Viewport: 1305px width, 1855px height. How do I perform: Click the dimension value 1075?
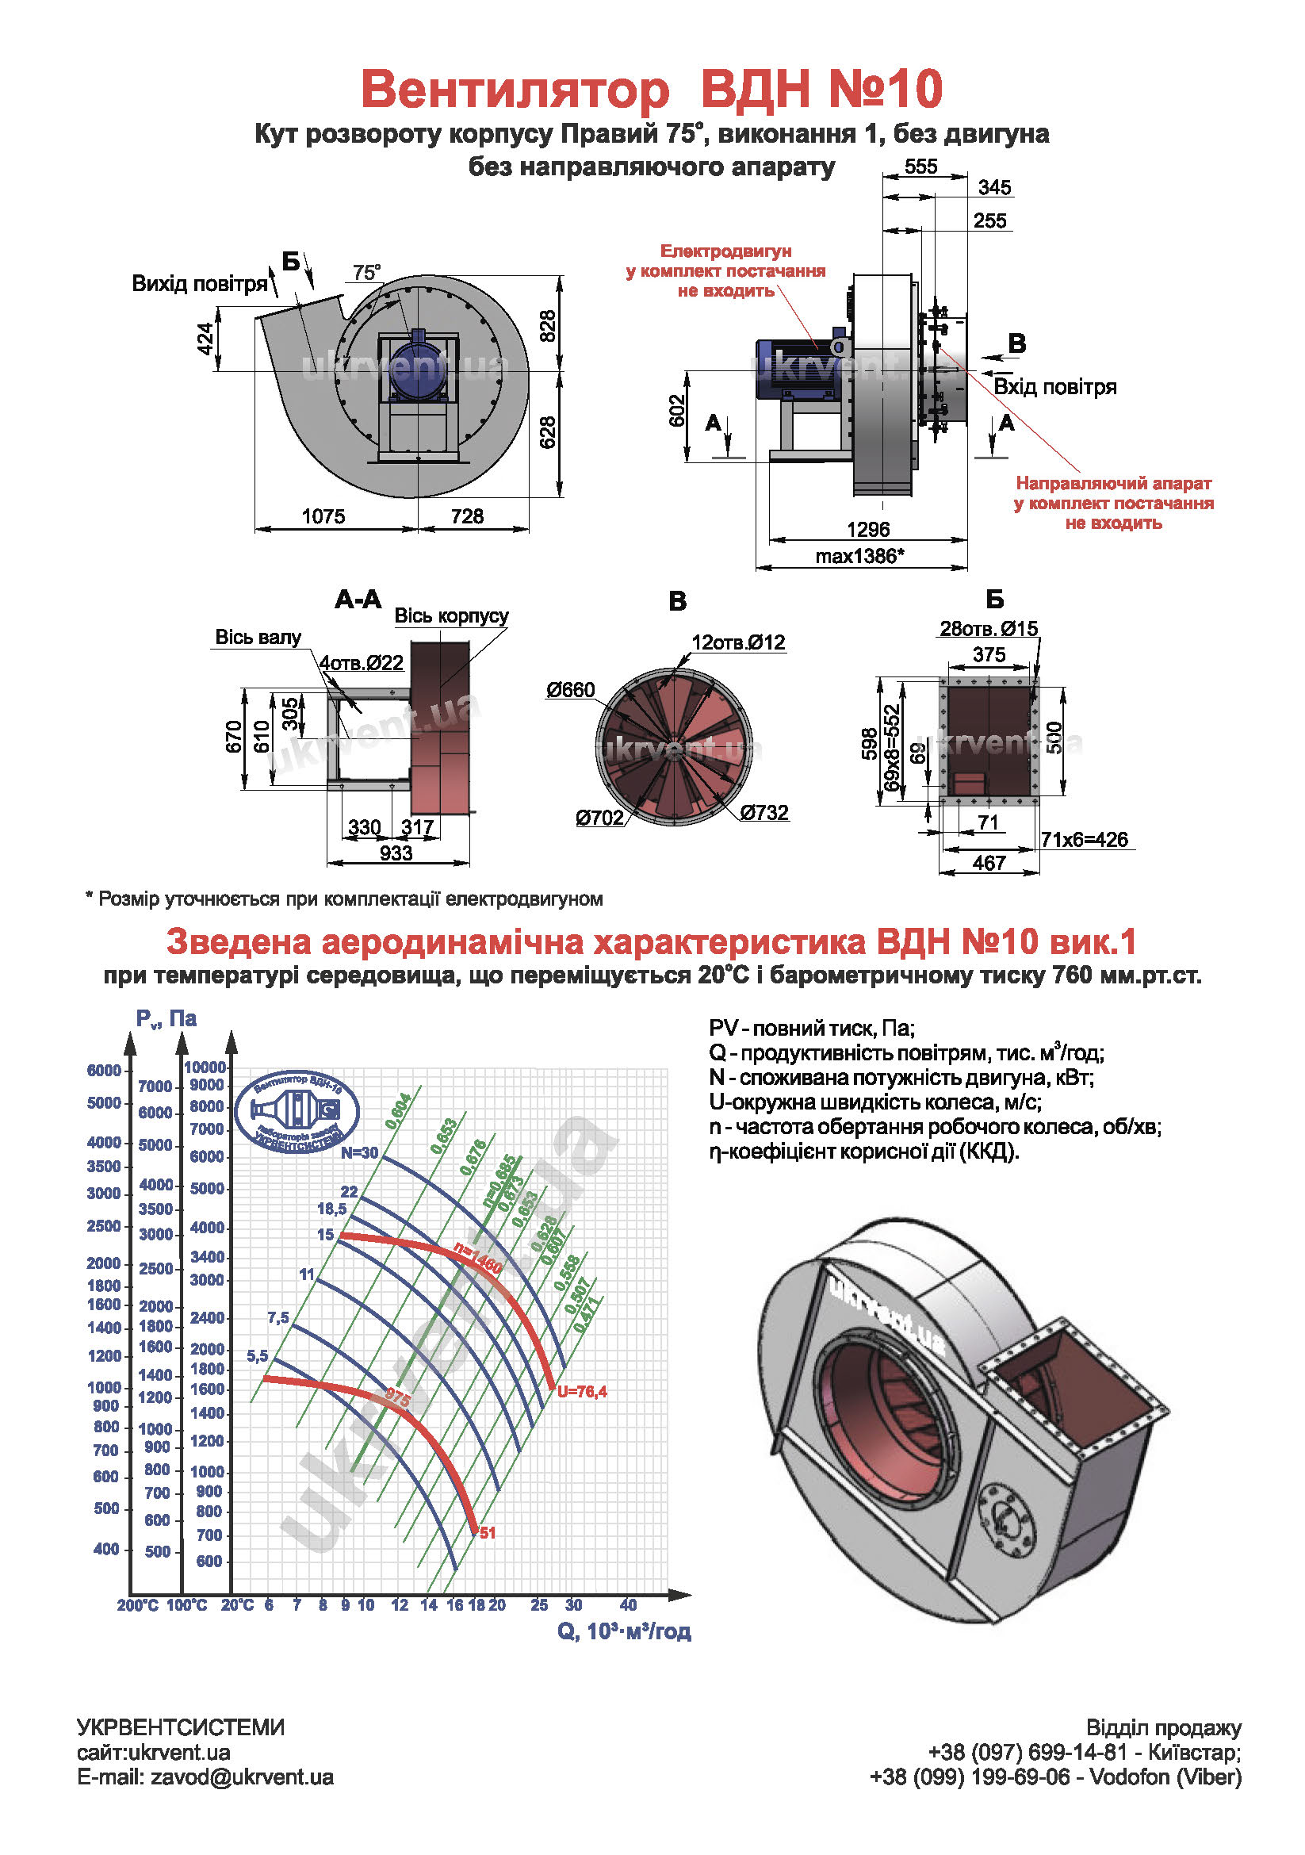pos(323,515)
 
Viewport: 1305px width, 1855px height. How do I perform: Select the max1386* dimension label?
pos(859,556)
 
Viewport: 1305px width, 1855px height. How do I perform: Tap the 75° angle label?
pos(365,272)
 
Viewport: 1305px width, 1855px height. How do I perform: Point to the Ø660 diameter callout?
pos(570,689)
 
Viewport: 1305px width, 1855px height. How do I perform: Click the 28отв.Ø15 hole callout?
pos(988,628)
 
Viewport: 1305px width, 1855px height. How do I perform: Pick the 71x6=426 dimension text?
pos(1084,839)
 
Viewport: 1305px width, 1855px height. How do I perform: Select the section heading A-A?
pos(358,599)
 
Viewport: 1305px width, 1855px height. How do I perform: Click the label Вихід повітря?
pos(200,284)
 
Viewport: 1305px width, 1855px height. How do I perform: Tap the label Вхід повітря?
pos(1054,386)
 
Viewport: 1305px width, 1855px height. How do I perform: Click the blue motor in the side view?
pos(794,370)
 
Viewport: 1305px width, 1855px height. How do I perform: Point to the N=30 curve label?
pos(358,1153)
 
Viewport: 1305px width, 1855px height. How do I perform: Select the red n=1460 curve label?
pos(477,1259)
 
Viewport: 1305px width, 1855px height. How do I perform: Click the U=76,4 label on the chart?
pos(581,1391)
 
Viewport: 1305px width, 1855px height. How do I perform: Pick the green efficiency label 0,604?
pos(398,1111)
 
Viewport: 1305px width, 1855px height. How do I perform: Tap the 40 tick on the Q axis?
pos(628,1604)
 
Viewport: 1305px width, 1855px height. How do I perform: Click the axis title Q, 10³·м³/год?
pos(624,1631)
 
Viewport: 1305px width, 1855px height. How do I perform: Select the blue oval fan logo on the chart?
pos(297,1113)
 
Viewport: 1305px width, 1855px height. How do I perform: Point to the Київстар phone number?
pos(1028,1752)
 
